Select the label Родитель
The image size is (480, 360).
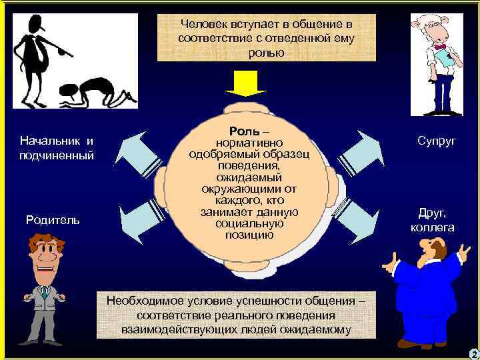tap(53, 219)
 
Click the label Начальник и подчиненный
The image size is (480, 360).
tap(57, 148)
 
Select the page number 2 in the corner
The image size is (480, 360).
tap(473, 354)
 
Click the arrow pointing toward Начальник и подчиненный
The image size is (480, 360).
tap(137, 151)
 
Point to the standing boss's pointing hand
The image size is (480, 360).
tap(67, 49)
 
